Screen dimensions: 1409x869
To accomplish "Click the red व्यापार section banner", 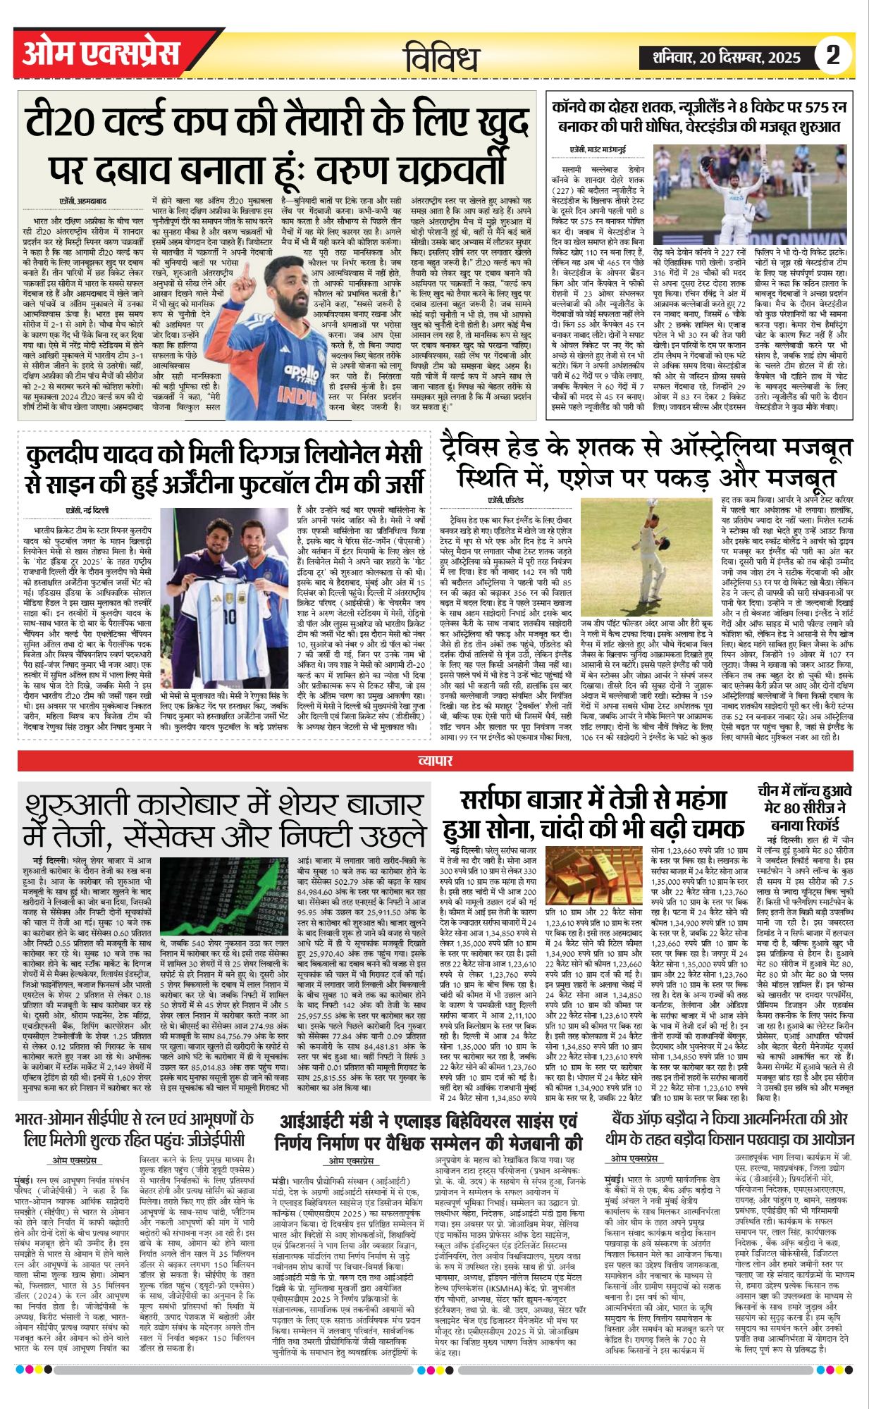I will [434, 760].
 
